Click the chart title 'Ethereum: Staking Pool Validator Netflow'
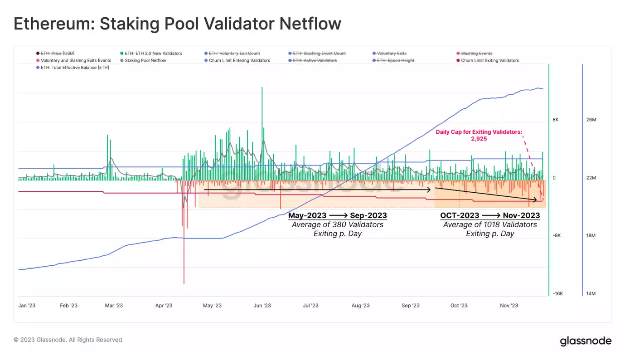[x=177, y=24]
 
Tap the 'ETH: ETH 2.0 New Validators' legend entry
[x=153, y=54]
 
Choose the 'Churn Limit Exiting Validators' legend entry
[x=490, y=60]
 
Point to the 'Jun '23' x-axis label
[x=262, y=306]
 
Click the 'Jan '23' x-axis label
[x=27, y=306]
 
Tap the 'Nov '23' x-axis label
[x=509, y=306]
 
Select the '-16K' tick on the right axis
[x=558, y=294]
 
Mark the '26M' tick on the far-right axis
[x=591, y=120]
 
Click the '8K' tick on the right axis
[x=556, y=120]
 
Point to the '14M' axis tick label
[x=591, y=294]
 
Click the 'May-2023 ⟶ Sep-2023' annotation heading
[x=337, y=215]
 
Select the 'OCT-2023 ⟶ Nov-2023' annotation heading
[x=490, y=215]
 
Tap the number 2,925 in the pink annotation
[x=479, y=139]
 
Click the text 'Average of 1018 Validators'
[x=490, y=224]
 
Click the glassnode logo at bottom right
[x=586, y=341]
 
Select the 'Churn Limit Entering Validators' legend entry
[x=239, y=60]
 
